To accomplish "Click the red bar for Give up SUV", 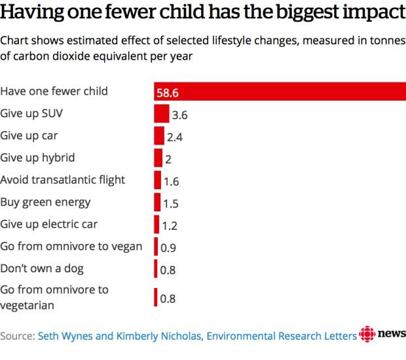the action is tap(162, 113).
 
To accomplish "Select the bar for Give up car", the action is tap(159, 135).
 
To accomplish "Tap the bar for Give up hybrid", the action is tap(158, 158).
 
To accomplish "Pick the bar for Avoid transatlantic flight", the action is tap(157, 180).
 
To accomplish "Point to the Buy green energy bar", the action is tap(157, 202).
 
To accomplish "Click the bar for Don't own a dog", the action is tap(156, 268).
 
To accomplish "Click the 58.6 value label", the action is tap(168, 93).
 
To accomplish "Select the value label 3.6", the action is tap(179, 115).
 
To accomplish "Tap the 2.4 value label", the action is tap(175, 137).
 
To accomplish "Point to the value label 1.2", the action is tap(170, 226).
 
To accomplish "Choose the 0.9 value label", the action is tap(168, 248).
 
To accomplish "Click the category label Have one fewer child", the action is tap(54, 91).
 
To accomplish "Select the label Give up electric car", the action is tap(49, 224).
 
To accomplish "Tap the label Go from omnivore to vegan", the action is tap(71, 246).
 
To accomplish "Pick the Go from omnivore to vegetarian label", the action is tap(54, 297).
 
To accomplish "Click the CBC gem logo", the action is tap(367, 334).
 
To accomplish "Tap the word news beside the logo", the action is tap(392, 333).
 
